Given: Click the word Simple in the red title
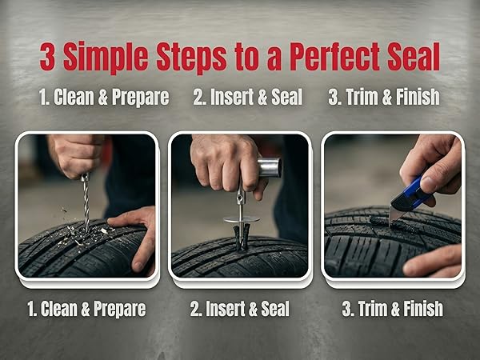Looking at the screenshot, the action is pyautogui.click(x=106, y=58).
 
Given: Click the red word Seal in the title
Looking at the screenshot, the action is pyautogui.click(x=414, y=57).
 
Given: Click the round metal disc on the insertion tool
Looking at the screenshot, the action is pyautogui.click(x=242, y=219).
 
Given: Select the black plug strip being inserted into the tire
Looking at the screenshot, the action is pyautogui.click(x=242, y=236).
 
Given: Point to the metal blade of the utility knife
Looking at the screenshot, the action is pyautogui.click(x=395, y=215).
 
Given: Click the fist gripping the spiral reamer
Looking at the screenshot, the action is pyautogui.click(x=77, y=154).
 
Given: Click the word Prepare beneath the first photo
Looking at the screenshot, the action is pyautogui.click(x=120, y=309).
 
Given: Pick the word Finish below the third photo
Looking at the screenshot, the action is pyautogui.click(x=423, y=309).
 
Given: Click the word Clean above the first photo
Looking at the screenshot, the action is pyautogui.click(x=74, y=97).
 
